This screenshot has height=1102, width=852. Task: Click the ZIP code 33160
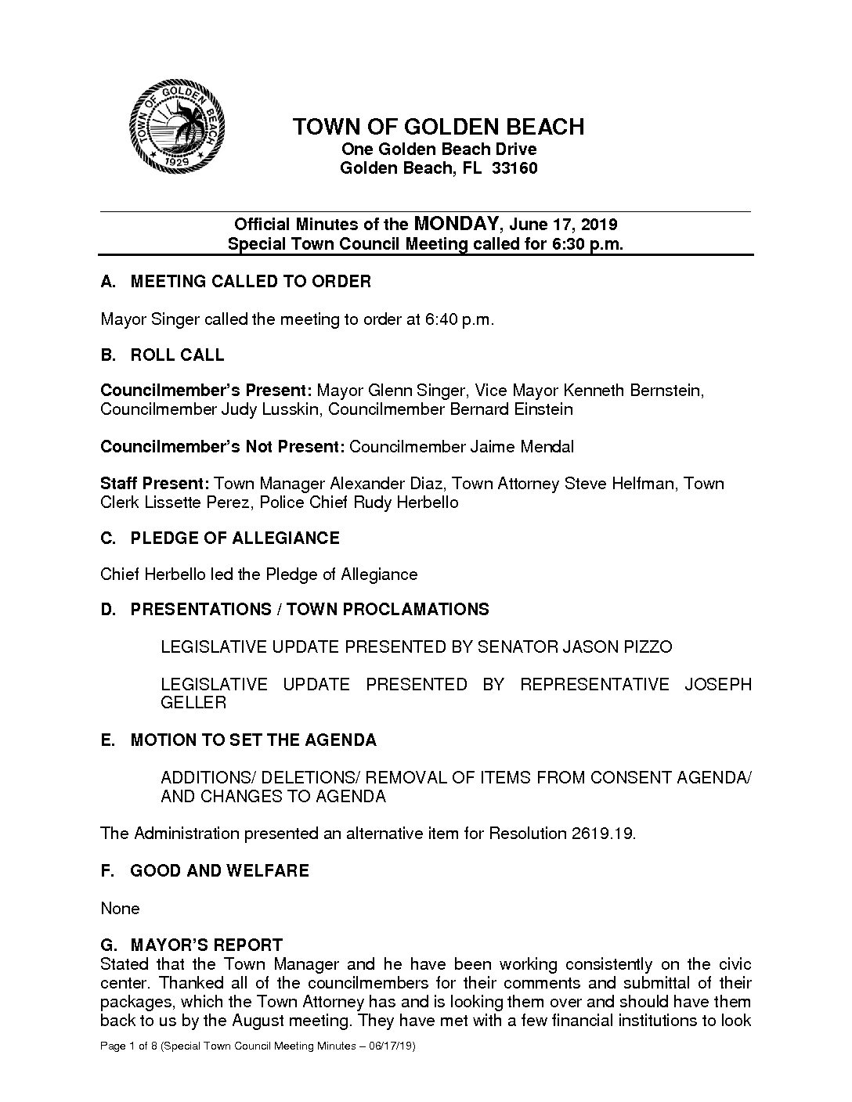tap(514, 168)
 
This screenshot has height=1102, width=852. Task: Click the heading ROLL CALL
tap(177, 355)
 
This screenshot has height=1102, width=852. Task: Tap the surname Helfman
tap(640, 484)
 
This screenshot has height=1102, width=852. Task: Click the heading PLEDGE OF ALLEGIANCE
tap(235, 538)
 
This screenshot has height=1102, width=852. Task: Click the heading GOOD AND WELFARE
tap(219, 871)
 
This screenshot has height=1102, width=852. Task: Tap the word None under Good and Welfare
tap(120, 909)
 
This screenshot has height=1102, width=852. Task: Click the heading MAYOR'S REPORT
tap(206, 945)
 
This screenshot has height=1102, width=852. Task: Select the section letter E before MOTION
tap(106, 740)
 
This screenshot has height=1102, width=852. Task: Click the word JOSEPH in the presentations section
tap(718, 685)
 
